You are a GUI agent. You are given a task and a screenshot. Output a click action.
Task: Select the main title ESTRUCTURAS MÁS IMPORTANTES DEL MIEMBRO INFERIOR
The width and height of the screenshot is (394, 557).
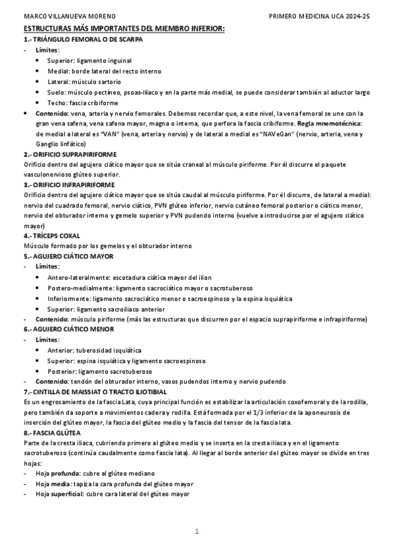(x=124, y=30)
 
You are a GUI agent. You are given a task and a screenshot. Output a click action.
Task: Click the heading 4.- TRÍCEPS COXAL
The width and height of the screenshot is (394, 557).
(x=52, y=235)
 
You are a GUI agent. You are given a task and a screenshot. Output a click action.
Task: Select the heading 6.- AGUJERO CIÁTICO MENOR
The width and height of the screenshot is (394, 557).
(x=69, y=328)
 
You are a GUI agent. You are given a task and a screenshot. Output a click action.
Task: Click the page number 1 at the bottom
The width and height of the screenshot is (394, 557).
(x=197, y=531)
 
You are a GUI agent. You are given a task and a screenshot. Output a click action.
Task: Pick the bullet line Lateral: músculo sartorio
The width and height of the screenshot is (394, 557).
(x=84, y=82)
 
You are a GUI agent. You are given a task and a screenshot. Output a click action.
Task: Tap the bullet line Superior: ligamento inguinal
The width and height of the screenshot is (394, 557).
(x=89, y=60)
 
